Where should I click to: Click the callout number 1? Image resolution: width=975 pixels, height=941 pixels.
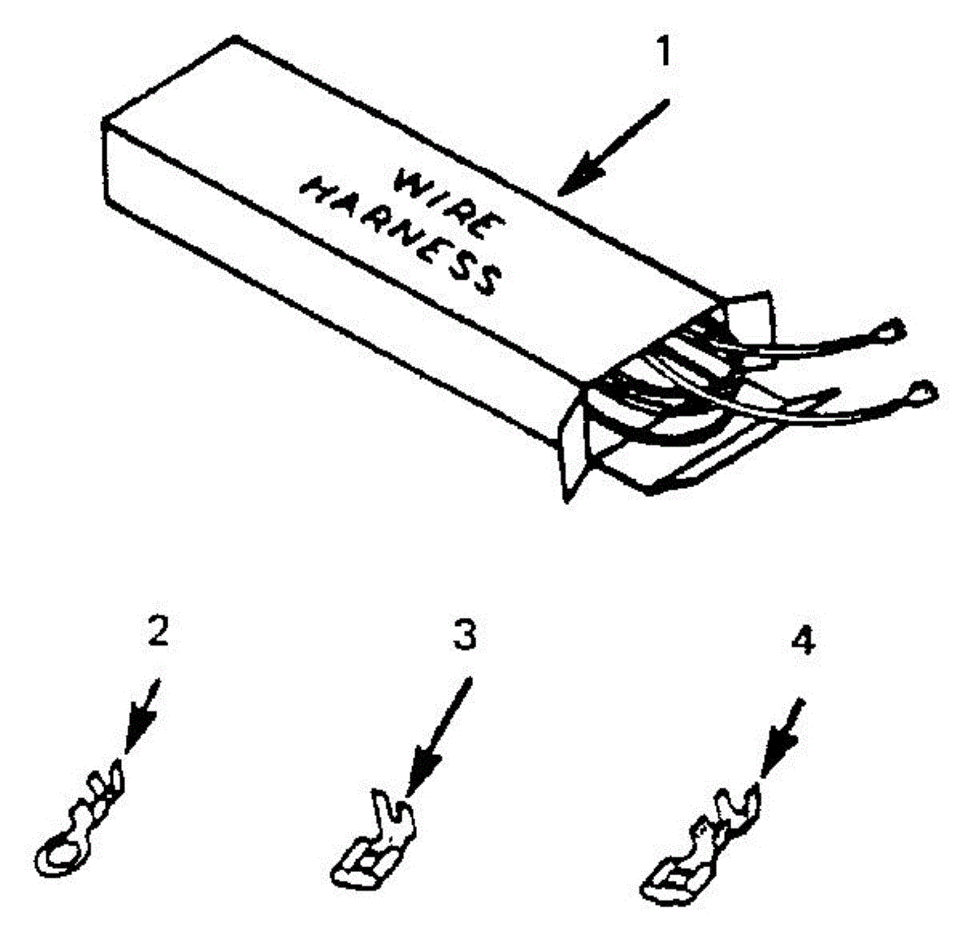[664, 53]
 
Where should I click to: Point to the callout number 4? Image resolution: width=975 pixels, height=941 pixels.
[802, 642]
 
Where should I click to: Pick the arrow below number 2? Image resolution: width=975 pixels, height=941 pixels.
[141, 715]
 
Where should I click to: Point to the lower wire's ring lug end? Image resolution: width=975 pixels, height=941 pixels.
[921, 394]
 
